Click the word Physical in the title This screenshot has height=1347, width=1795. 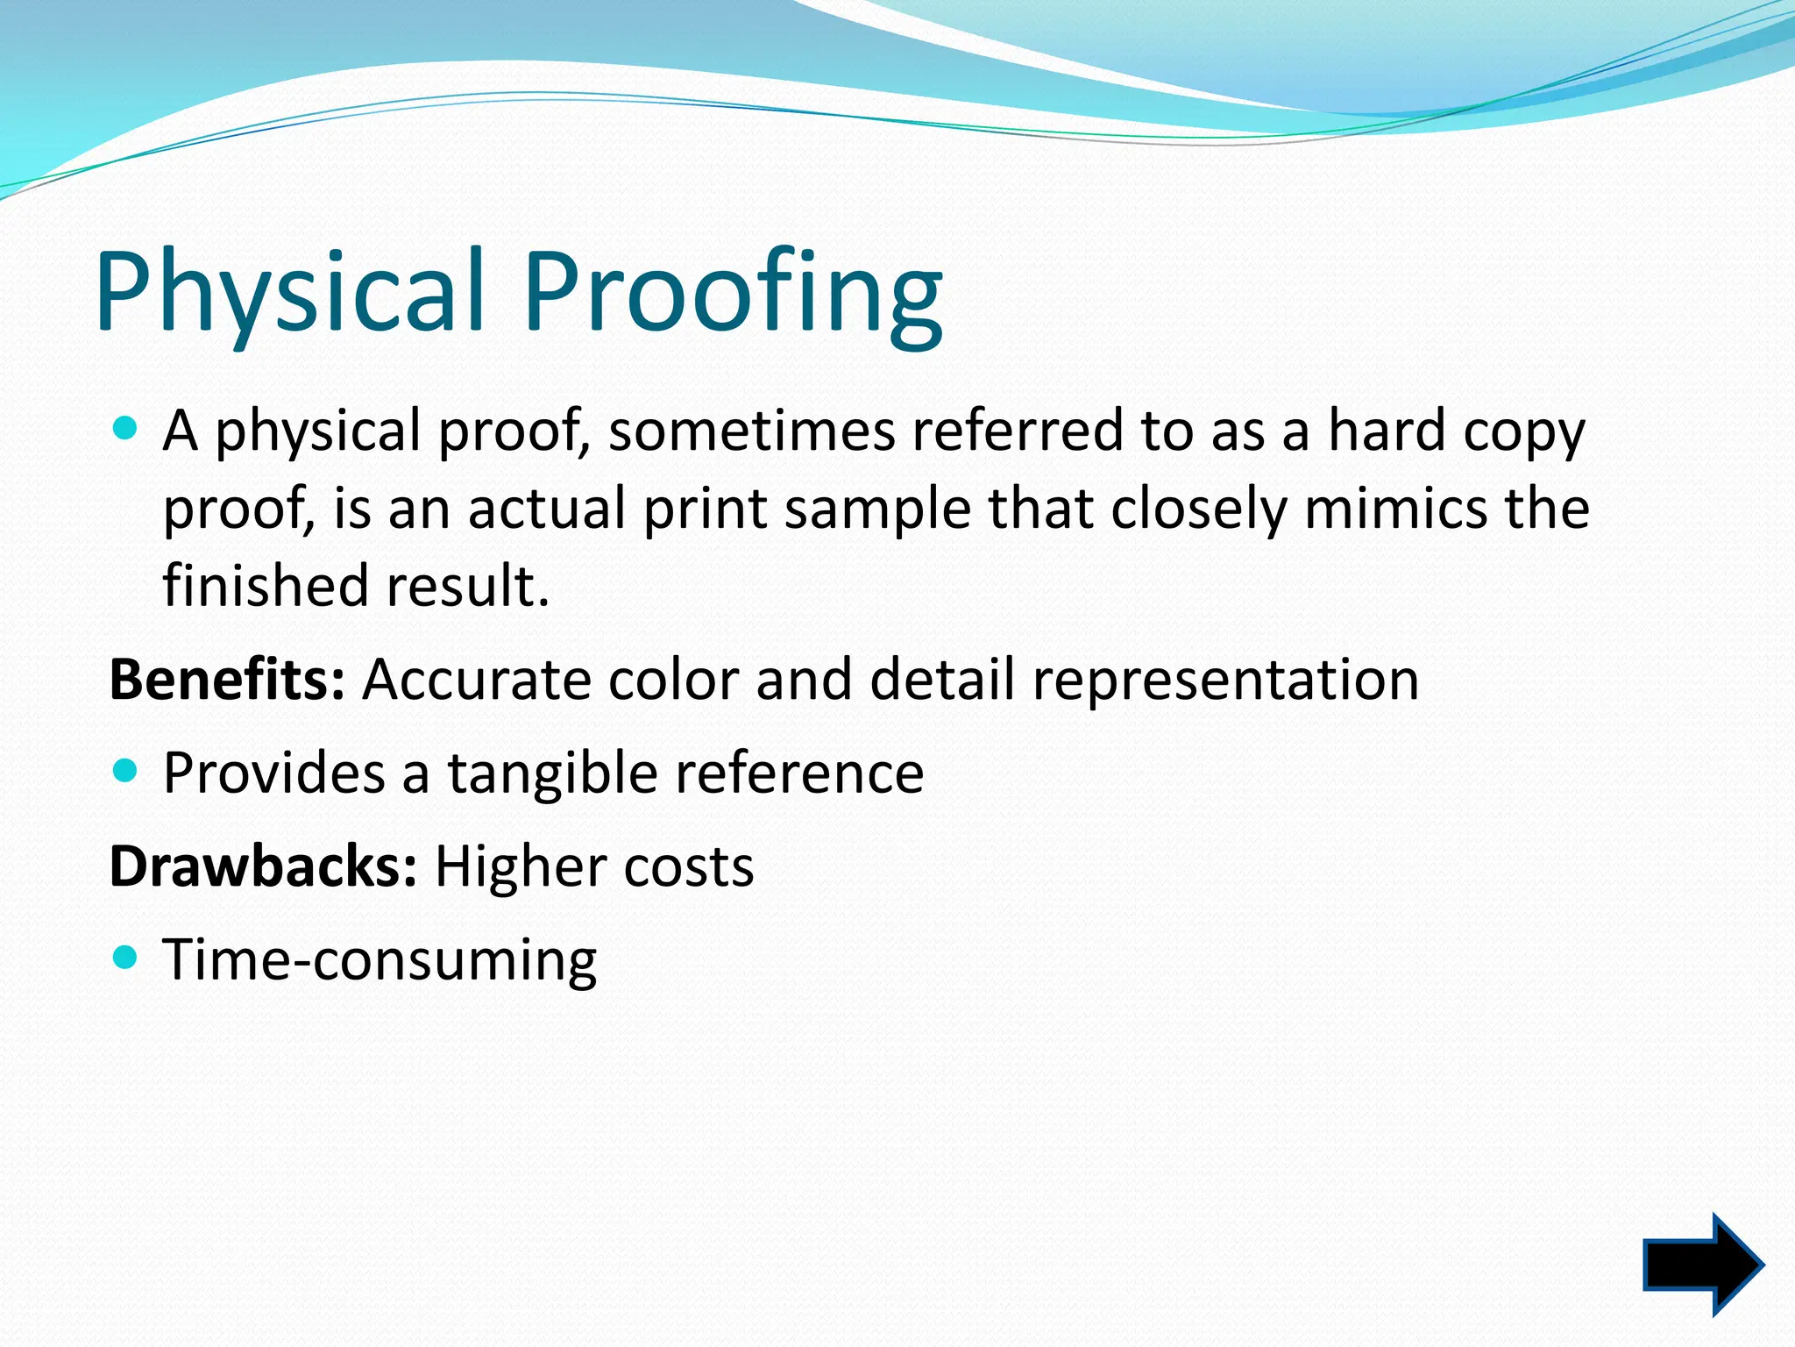[x=289, y=292]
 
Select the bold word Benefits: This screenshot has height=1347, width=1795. [x=227, y=680]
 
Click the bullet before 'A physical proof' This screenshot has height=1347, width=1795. [x=126, y=429]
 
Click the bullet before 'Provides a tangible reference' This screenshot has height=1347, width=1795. [x=126, y=771]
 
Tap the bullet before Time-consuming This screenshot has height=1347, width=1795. [x=126, y=957]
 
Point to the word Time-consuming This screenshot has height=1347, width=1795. [x=380, y=959]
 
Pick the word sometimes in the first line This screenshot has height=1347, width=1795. [x=751, y=431]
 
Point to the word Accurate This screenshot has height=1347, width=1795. [x=477, y=680]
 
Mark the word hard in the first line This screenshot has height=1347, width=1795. [x=1386, y=431]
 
